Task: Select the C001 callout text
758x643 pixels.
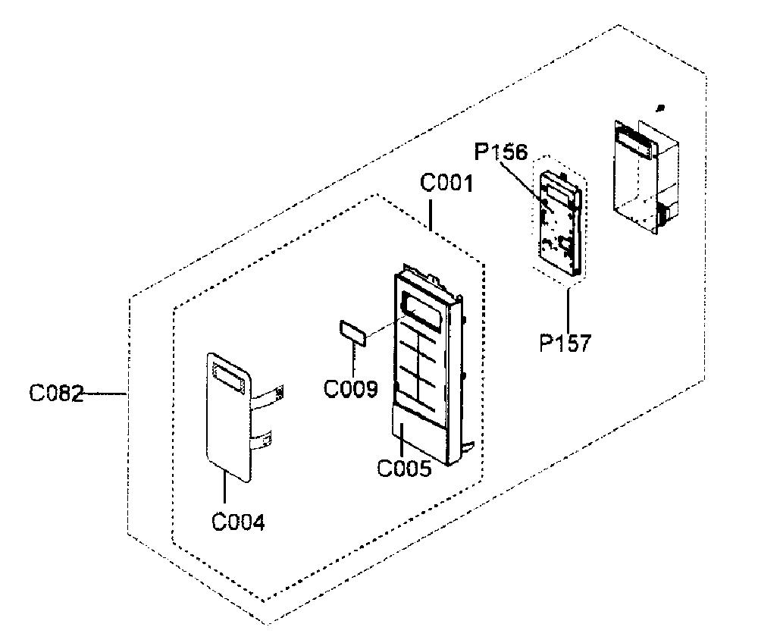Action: coord(446,183)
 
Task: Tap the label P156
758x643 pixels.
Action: coord(501,152)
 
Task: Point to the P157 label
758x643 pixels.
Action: coord(565,343)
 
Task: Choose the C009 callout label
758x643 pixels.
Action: coord(350,388)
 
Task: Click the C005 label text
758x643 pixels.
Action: coord(404,468)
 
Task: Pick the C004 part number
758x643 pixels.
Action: coord(238,522)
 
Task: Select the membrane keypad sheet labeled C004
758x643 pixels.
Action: coord(228,417)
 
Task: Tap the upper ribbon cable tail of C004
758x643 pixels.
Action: coord(268,397)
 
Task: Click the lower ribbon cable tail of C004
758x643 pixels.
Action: coord(262,439)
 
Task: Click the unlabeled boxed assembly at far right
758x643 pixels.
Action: coord(646,177)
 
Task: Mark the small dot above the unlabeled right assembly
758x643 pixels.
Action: coord(661,108)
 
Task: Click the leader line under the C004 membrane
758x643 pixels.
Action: coord(225,489)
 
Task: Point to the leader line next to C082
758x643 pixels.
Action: coord(105,394)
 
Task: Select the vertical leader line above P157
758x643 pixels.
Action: coord(568,310)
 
